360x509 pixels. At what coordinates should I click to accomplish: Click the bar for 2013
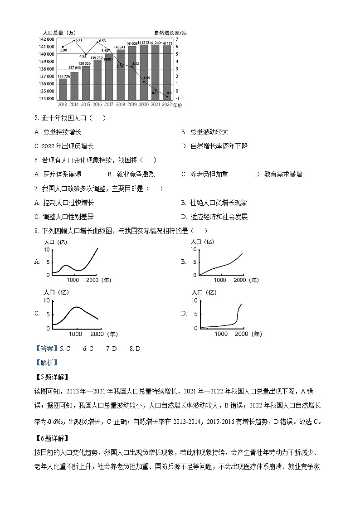click(x=63, y=89)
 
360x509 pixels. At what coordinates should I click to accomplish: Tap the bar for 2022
click(x=167, y=72)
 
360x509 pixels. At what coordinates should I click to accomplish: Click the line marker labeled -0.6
click(x=167, y=97)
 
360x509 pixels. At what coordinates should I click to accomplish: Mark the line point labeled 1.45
click(x=144, y=82)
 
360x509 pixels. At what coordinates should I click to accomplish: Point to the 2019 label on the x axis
click(x=132, y=104)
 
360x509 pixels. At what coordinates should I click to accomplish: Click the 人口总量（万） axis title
click(x=59, y=33)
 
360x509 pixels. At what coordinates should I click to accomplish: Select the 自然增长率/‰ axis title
click(x=170, y=33)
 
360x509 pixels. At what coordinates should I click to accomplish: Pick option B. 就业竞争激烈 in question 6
click(x=131, y=174)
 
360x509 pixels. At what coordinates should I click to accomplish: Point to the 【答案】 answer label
click(x=47, y=349)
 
